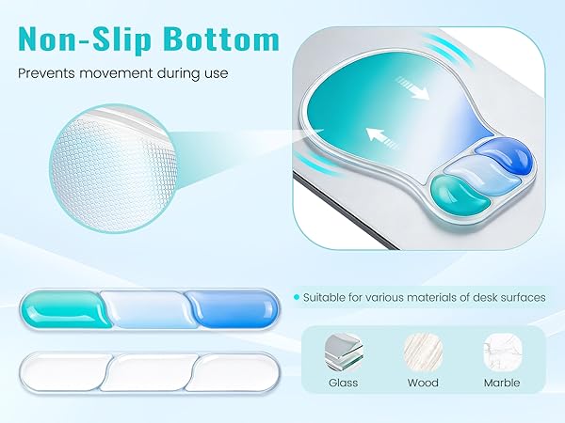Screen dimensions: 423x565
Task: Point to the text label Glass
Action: (x=343, y=384)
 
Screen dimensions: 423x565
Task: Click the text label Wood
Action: (x=423, y=384)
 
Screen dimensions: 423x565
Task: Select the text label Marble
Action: (x=501, y=384)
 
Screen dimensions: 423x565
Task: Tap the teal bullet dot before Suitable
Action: (x=297, y=297)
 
